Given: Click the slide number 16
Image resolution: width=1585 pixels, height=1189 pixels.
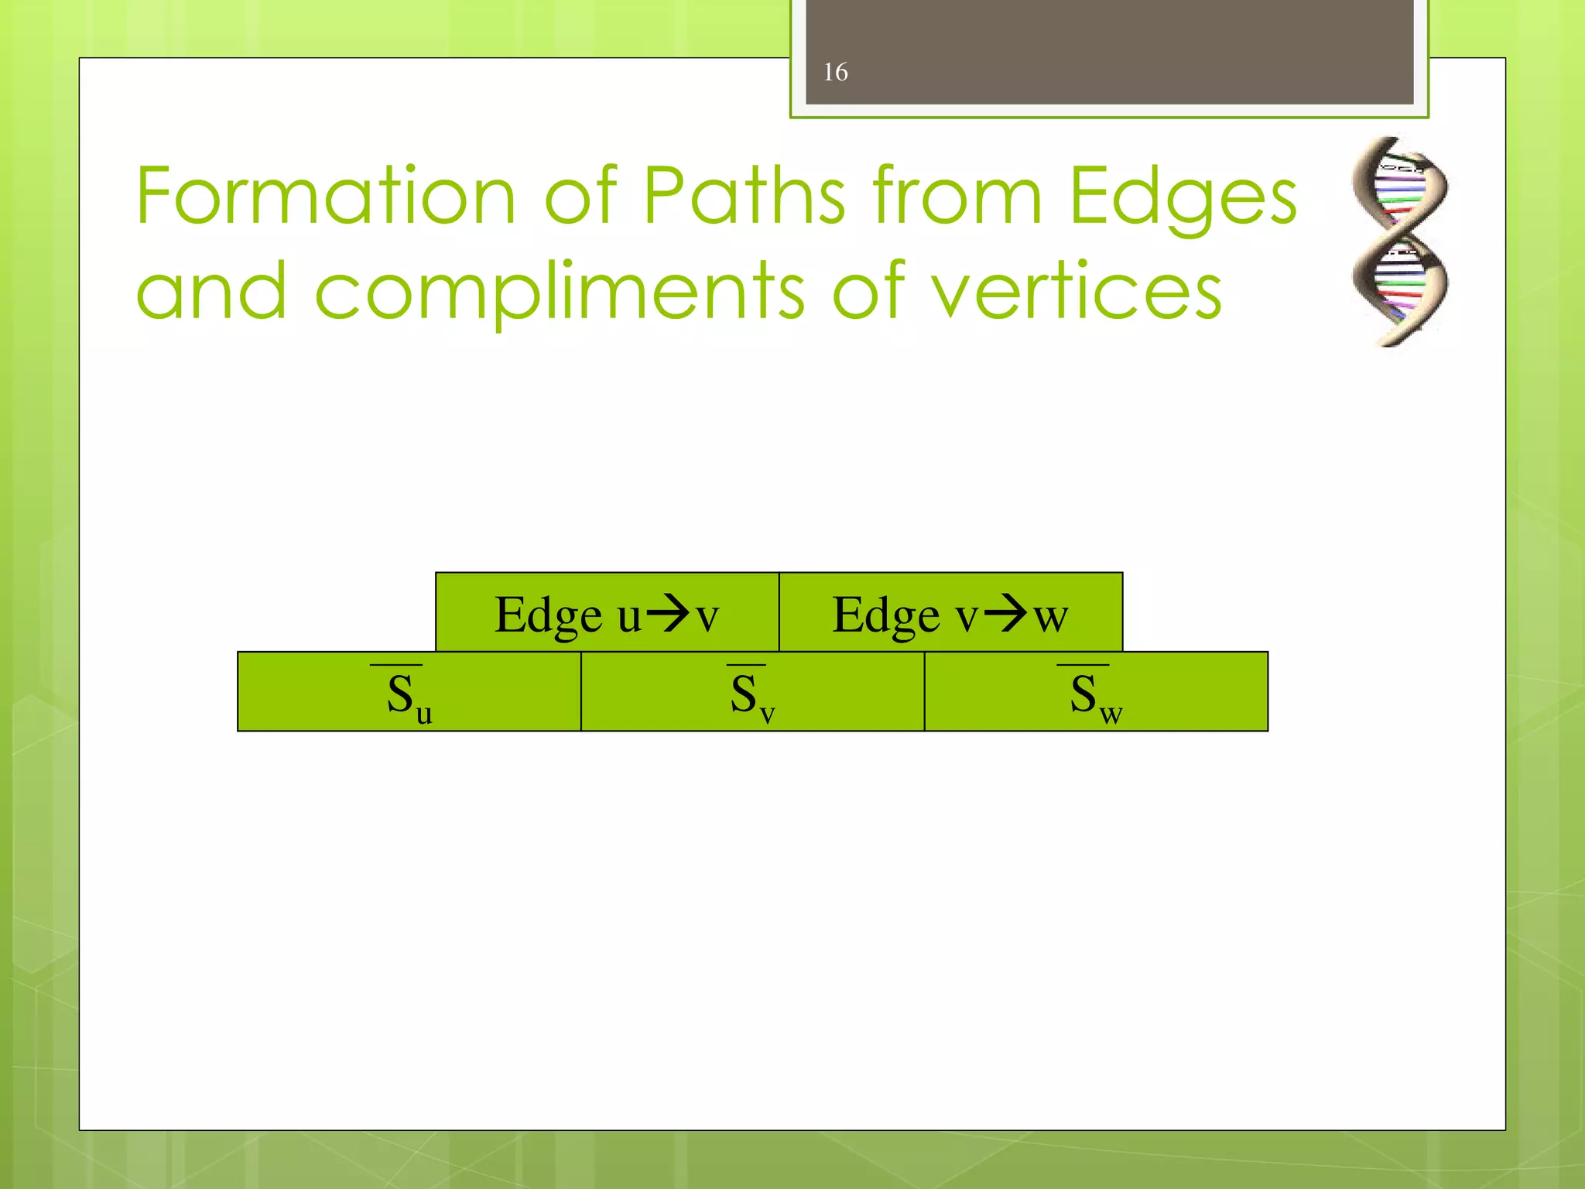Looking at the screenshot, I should coord(835,72).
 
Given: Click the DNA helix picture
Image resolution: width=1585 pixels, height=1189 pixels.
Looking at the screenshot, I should coord(1399,241).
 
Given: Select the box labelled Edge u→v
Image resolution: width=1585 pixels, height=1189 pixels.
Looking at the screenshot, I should coord(607,612).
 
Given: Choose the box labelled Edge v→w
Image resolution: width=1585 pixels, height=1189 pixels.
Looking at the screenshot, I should coord(950,612).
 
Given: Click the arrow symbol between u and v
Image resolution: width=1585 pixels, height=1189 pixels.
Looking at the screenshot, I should coord(668,615).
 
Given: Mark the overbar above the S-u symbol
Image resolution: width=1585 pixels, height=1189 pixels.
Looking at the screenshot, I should coord(396,665).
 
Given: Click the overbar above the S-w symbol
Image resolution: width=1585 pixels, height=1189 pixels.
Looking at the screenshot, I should coord(1083,665).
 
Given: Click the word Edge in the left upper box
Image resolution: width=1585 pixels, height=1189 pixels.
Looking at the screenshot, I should coord(548,616).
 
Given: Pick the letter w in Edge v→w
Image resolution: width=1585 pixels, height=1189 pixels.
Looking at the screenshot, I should coord(1051,618).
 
